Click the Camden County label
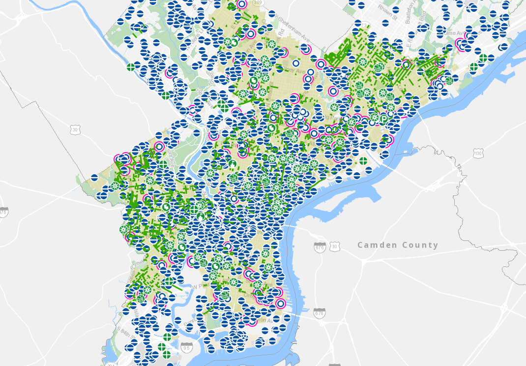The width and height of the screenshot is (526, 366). point(398,245)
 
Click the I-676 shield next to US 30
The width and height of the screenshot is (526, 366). point(320,246)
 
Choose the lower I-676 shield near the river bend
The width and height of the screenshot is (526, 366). point(319,313)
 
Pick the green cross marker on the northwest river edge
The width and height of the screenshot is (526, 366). point(131,68)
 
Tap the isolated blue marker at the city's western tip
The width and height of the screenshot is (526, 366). point(94,178)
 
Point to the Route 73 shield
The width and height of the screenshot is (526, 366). point(364,24)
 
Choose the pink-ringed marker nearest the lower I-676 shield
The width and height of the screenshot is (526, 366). point(280,303)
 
